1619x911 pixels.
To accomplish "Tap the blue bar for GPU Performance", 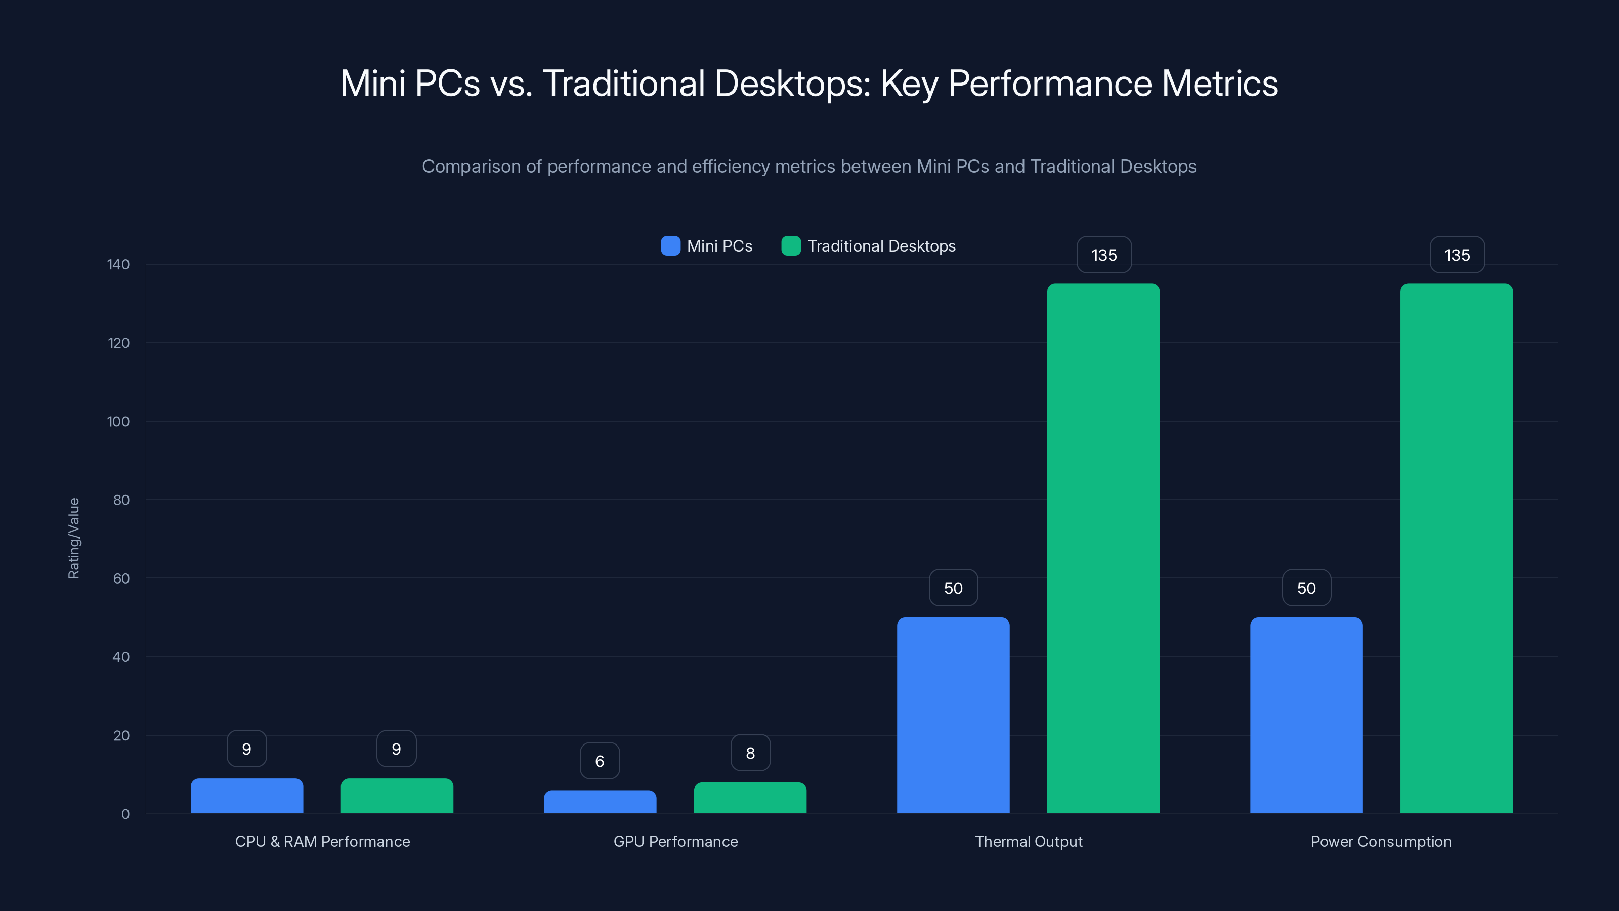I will pos(600,802).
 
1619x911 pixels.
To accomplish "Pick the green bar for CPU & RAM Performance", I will pos(397,796).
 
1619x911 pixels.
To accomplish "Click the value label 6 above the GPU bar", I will pos(600,761).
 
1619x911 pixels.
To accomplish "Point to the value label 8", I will pos(750,753).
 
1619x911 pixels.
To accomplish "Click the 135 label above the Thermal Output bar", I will pos(1103,255).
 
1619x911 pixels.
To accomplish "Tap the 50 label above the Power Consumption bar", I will pos(1306,588).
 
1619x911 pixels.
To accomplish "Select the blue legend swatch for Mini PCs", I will pos(670,246).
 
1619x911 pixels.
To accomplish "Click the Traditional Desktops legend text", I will pos(881,246).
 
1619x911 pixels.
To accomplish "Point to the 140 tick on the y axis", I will pos(118,264).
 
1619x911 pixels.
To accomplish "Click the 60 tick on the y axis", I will pos(121,578).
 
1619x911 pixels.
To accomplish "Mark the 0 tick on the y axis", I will pos(125,814).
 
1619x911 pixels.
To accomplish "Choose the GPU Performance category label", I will pos(675,841).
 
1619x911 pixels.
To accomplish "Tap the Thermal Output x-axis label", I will pos(1028,841).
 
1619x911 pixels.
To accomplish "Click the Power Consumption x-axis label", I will pos(1381,841).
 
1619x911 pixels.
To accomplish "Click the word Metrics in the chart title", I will pos(1219,83).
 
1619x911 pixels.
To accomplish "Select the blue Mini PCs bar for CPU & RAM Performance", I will pos(246,796).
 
